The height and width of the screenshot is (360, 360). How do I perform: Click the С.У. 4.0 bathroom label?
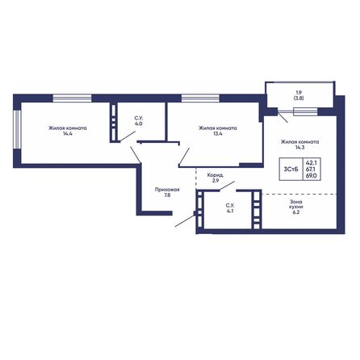(x=139, y=121)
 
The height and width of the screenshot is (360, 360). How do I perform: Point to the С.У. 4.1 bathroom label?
(x=229, y=208)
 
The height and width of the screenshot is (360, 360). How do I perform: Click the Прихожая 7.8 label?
(x=167, y=192)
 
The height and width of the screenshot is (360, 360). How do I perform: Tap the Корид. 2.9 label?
(x=215, y=177)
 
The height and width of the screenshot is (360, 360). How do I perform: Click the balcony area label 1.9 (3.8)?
(x=298, y=94)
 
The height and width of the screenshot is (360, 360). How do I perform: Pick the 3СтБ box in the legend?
(x=289, y=169)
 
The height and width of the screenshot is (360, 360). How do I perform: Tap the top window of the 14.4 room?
(x=69, y=98)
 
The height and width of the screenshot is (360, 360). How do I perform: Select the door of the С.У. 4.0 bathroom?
(x=127, y=139)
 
